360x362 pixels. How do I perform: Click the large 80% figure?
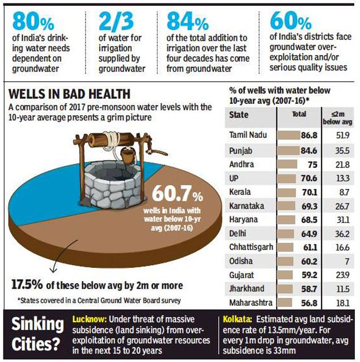click(x=33, y=24)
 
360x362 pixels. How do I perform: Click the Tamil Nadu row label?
click(x=248, y=136)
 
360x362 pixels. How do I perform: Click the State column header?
click(x=239, y=114)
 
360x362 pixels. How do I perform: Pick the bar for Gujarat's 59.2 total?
click(x=287, y=275)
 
